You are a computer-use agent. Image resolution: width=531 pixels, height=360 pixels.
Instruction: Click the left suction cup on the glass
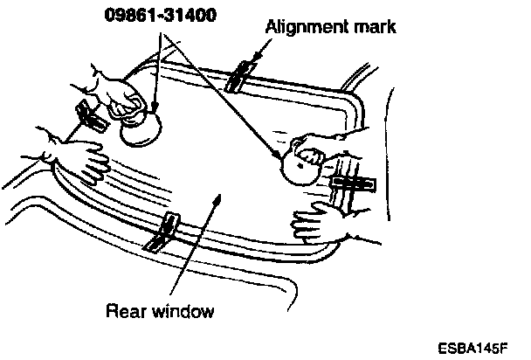[141, 128]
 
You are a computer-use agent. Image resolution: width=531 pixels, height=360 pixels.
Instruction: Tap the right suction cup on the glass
[299, 163]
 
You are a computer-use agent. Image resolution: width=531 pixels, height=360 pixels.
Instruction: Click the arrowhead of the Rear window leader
[224, 199]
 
